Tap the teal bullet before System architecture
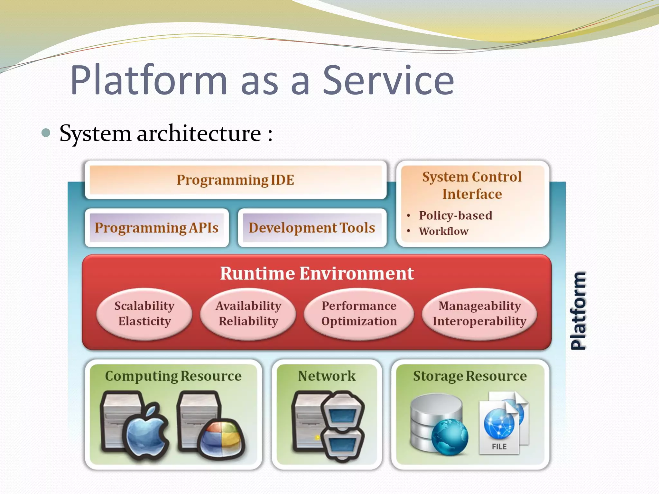point(46,133)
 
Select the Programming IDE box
point(235,180)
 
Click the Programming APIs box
point(156,228)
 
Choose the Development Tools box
point(312,228)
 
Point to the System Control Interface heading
point(472,186)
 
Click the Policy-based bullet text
point(455,215)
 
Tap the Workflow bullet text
point(443,231)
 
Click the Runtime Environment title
point(317,273)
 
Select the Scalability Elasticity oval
point(144,314)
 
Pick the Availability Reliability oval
point(248,314)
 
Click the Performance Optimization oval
point(359,314)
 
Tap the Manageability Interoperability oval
point(479,314)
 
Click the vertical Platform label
point(578,311)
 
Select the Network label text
point(327,376)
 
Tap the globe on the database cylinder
point(450,437)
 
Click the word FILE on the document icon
point(499,446)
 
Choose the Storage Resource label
point(470,376)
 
